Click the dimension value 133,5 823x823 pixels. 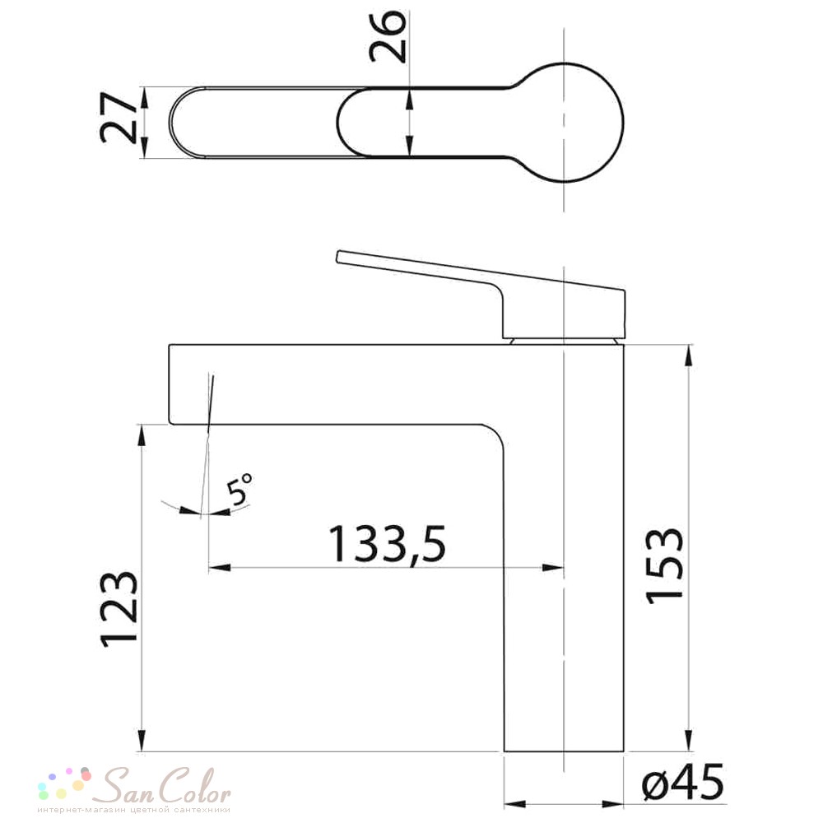(x=388, y=545)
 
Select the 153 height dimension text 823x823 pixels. (x=664, y=566)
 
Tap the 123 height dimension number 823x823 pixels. (x=119, y=608)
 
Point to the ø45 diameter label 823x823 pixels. (x=683, y=783)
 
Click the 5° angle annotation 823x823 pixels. (x=239, y=489)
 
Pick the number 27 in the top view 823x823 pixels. (x=118, y=118)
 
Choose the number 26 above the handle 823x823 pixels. (x=388, y=36)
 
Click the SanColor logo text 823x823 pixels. (x=165, y=786)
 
